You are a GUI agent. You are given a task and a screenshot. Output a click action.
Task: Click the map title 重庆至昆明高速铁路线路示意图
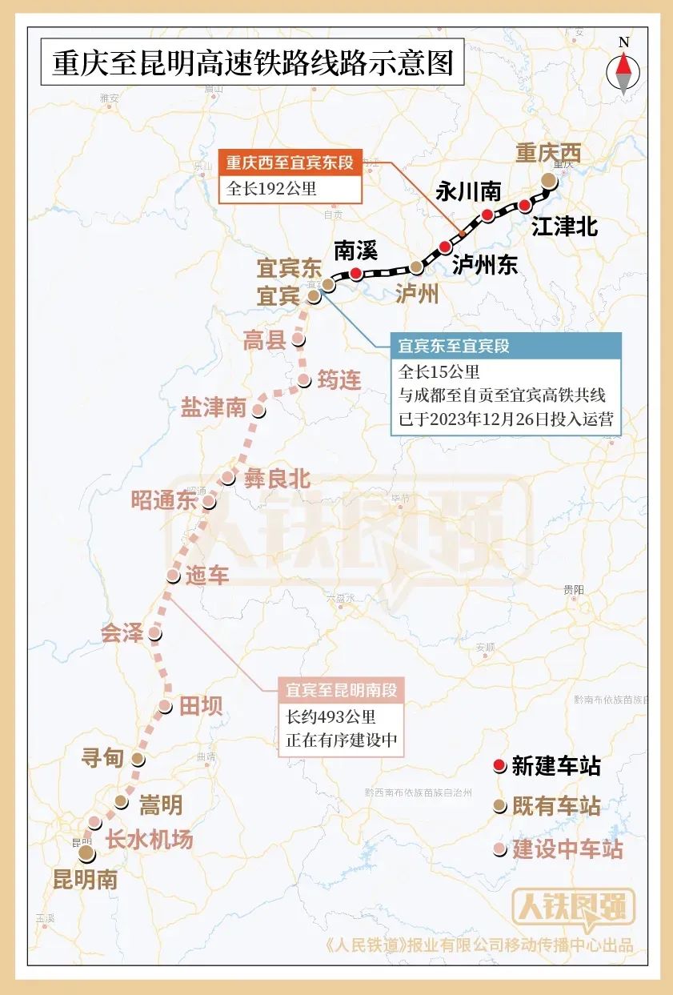tap(247, 63)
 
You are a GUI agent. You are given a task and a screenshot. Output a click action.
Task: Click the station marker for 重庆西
tap(548, 180)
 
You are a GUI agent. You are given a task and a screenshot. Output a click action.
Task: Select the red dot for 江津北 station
tap(525, 205)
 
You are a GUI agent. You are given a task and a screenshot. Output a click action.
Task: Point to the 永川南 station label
tap(468, 191)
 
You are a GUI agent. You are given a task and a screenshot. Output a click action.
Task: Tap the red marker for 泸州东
tap(445, 247)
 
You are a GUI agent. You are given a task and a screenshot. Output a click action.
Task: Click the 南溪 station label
tap(355, 250)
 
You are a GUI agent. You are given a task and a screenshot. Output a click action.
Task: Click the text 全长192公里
tap(272, 189)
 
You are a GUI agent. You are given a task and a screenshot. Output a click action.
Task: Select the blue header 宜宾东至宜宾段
tap(454, 347)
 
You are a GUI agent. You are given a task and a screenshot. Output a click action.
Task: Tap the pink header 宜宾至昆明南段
tap(341, 690)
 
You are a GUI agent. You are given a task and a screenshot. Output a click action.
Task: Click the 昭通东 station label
tap(164, 501)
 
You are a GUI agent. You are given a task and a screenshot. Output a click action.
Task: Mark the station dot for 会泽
tap(154, 634)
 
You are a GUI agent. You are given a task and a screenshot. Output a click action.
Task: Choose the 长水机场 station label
tap(150, 840)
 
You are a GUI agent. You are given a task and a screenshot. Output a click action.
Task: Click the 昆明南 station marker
tap(86, 854)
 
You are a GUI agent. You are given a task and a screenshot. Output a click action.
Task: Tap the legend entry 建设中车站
tap(567, 849)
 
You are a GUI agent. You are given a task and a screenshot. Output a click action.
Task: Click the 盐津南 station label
tap(213, 407)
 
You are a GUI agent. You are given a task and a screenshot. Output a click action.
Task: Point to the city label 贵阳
tap(573, 589)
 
